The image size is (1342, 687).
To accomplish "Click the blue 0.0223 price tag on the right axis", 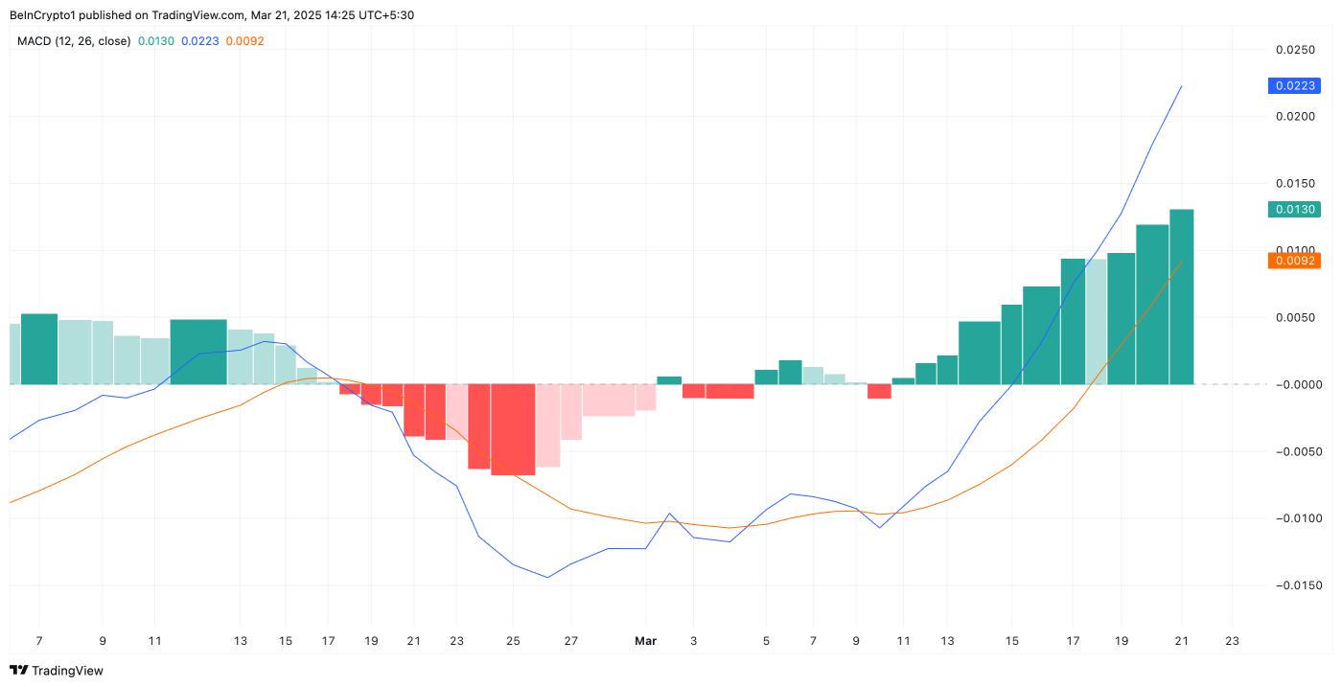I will coord(1294,85).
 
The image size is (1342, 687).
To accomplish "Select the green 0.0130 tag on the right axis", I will coord(1294,209).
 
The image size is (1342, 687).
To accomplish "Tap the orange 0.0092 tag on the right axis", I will coord(1294,260).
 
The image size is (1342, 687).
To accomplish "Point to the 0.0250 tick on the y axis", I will coord(1294,49).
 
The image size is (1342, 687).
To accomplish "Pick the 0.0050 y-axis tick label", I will coord(1294,317).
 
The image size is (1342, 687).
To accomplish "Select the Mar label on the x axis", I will coord(645,641).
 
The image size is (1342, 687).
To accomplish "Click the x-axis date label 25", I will coord(513,641).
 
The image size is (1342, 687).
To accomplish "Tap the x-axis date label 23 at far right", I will coord(1232,641).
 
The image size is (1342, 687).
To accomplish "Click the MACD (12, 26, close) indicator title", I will coord(74,41).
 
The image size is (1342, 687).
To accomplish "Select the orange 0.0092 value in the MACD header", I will coord(244,41).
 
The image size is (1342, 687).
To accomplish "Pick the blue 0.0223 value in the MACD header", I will coord(199,41).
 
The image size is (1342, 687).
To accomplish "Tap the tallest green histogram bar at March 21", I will coord(1181,297).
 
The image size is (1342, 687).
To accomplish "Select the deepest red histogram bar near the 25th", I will coord(513,429).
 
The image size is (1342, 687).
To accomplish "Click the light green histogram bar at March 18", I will coord(1096,322).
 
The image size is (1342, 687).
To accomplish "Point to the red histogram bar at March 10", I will coord(879,391).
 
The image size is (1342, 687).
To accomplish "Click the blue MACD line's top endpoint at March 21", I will coord(1181,86).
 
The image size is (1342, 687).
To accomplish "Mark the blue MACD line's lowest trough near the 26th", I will coord(547,577).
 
